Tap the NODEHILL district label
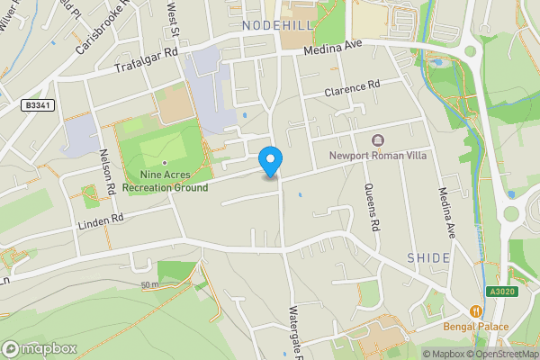click(x=277, y=25)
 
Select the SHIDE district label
click(x=428, y=257)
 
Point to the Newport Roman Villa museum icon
click(x=376, y=139)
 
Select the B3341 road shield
click(x=36, y=105)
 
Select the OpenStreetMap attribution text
click(x=499, y=354)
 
